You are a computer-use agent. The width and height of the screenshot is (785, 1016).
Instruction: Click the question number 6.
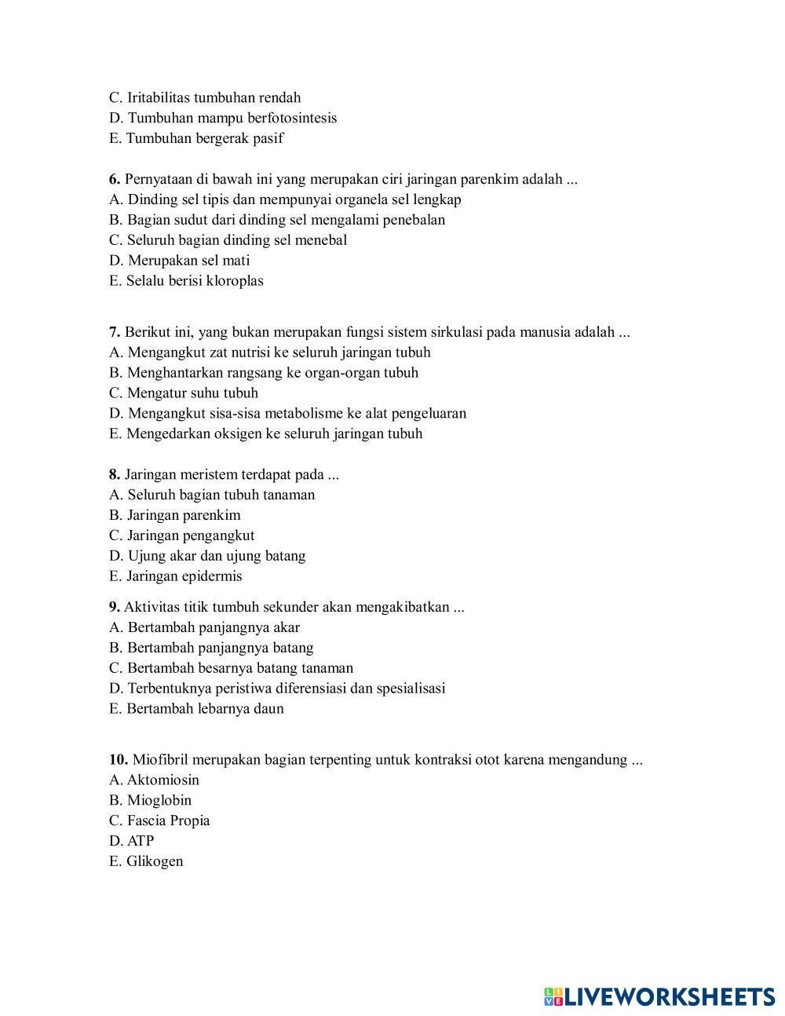[x=115, y=179]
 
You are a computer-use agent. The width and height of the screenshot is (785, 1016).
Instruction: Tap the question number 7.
[x=115, y=332]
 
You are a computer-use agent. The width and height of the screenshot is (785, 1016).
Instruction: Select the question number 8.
[x=115, y=474]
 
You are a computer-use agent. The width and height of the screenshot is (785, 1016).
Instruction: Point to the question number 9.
[x=115, y=607]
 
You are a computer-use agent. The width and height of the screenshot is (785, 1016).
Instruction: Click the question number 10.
[x=119, y=759]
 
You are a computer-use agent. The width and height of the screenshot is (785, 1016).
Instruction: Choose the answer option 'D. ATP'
[x=132, y=841]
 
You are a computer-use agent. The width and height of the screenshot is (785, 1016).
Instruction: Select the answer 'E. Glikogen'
[x=146, y=861]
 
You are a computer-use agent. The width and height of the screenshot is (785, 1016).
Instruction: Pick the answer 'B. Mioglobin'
[x=150, y=800]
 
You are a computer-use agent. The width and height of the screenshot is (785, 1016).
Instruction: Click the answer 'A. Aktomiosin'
[x=154, y=780]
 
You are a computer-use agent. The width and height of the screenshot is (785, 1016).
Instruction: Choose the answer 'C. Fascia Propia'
[x=159, y=820]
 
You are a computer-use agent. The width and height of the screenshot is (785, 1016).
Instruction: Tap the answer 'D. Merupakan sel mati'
[x=179, y=261]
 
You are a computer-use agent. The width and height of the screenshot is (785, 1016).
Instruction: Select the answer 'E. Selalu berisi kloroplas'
[x=186, y=281]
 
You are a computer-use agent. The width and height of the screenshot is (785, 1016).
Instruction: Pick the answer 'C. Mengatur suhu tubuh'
[x=184, y=393]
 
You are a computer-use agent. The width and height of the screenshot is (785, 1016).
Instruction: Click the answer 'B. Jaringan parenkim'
[x=174, y=515]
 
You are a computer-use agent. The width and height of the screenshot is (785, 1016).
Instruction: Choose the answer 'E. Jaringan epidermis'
[x=176, y=576]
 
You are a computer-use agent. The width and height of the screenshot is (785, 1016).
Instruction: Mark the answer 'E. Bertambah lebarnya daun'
[x=196, y=709]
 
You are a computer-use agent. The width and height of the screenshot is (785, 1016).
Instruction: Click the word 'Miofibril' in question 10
[x=161, y=759]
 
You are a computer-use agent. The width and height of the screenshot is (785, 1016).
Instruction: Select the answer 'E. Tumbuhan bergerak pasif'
[x=196, y=139]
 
